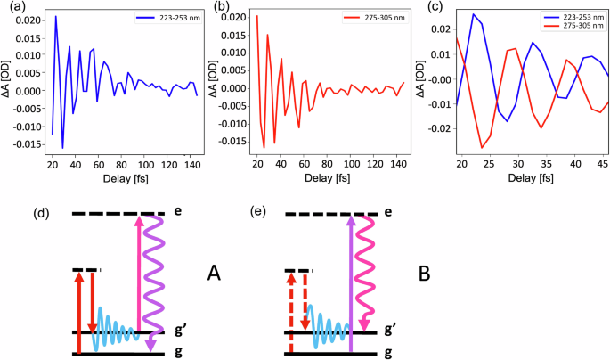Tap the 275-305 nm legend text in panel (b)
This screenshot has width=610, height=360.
(x=371, y=18)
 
